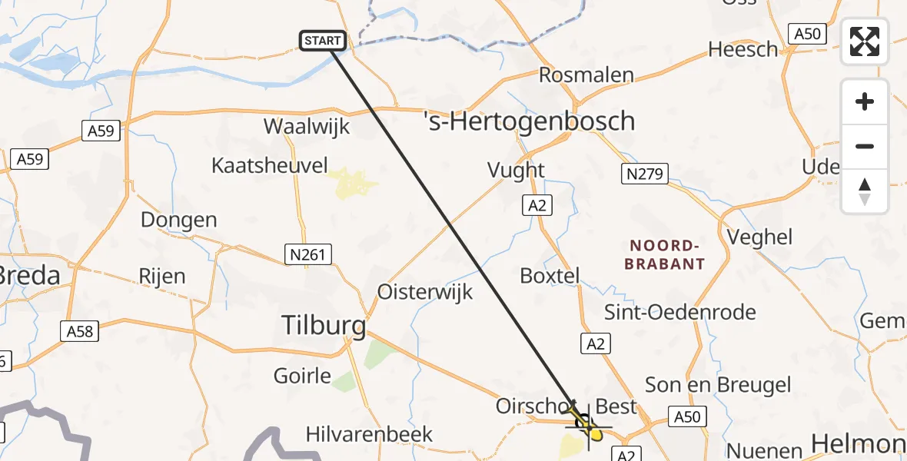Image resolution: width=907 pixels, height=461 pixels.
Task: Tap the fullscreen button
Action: (865, 41)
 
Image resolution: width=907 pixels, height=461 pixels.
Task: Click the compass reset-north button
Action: (865, 191)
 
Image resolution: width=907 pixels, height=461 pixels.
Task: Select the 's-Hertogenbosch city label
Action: (530, 121)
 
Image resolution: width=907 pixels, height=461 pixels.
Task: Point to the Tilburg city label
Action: (324, 326)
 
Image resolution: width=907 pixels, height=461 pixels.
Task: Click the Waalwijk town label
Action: (307, 127)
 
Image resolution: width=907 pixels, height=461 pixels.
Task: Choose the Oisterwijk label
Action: (425, 292)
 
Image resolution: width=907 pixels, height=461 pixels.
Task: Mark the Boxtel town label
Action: (550, 276)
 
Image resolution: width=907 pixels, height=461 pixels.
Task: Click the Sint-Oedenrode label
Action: (680, 313)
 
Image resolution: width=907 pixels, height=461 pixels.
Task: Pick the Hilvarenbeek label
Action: (369, 434)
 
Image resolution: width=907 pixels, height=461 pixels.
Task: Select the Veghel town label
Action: (759, 237)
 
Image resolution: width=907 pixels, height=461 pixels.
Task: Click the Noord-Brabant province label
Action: (666, 255)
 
